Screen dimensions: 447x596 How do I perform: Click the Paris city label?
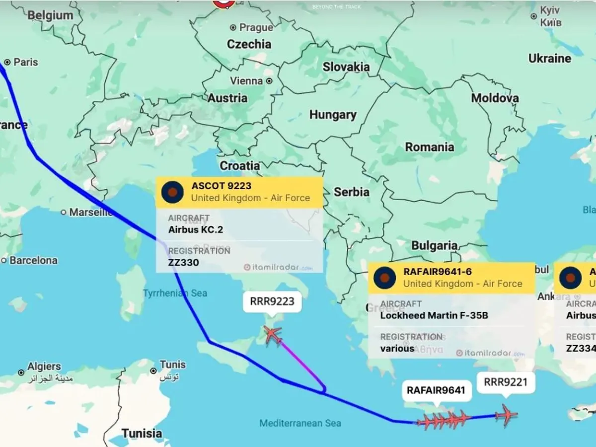(25, 62)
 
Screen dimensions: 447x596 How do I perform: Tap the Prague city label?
(256, 27)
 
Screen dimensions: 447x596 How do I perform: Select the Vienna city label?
(246, 80)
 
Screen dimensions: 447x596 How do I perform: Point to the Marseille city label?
(91, 212)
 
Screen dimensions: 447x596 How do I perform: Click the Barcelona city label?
(33, 260)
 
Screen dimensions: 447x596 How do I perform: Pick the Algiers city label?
(44, 367)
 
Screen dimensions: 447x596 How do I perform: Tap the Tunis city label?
(172, 365)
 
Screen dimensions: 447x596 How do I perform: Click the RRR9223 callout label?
(272, 301)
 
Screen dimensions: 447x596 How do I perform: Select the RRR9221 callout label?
(505, 382)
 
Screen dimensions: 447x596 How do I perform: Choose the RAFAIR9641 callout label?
(436, 390)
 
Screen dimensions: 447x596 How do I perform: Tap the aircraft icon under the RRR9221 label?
(506, 415)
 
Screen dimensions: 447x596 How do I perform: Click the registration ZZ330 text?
(183, 262)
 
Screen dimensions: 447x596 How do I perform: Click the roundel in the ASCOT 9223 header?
(173, 192)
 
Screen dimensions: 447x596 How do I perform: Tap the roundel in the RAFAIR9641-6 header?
(385, 278)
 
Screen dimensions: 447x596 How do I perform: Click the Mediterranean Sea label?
(300, 423)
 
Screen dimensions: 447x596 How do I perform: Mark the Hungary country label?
(333, 115)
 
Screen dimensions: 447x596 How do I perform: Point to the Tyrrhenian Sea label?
(175, 293)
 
